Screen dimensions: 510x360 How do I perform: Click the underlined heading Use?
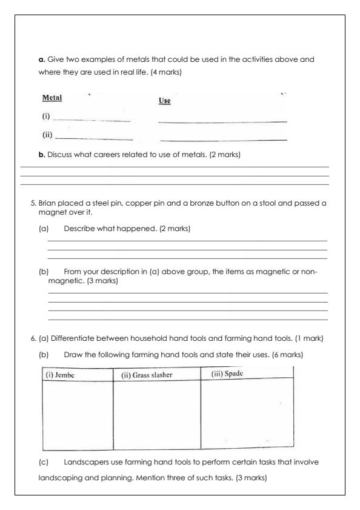pos(164,101)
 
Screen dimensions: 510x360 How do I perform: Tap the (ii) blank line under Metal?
pos(93,139)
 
